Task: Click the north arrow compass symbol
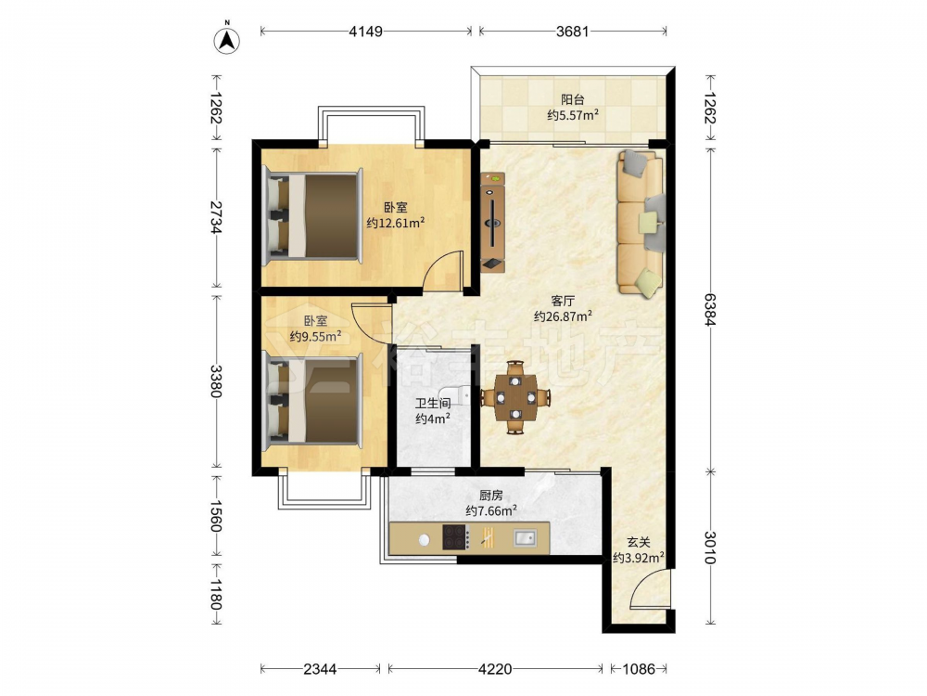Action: point(226,39)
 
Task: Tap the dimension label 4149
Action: point(365,31)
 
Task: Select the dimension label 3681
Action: point(572,31)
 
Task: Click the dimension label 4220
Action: point(494,669)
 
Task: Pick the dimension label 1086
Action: point(639,669)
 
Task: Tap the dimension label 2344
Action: point(320,669)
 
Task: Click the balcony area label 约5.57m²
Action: point(572,115)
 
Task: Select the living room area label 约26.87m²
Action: point(563,316)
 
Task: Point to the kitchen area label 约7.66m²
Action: point(491,510)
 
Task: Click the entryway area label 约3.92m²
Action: point(638,557)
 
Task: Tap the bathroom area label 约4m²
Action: point(433,419)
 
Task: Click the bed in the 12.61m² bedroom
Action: point(312,215)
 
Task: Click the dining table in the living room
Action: point(516,397)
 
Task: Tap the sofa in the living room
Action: point(641,223)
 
